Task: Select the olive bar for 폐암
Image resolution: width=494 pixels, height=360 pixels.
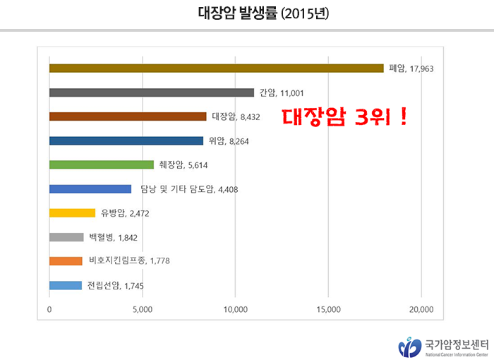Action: [216, 68]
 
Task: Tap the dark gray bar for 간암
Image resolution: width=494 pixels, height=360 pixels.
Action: [152, 92]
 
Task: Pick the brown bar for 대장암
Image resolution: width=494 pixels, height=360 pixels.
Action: [128, 116]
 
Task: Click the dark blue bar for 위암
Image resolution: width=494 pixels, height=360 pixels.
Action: [126, 140]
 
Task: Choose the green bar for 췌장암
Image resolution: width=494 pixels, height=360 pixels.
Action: [102, 165]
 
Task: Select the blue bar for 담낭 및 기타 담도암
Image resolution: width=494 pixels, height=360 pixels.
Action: [90, 189]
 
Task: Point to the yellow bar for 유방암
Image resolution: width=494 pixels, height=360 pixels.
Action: [72, 213]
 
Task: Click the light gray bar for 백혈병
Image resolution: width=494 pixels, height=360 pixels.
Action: [66, 237]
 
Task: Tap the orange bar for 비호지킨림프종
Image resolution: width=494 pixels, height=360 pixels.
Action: [66, 261]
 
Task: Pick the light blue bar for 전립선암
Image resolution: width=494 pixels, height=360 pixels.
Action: [66, 285]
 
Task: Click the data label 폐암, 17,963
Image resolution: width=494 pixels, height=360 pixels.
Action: [416, 68]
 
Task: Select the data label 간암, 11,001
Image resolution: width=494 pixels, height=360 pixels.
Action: [282, 92]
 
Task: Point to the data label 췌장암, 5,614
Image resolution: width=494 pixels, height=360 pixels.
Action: [183, 165]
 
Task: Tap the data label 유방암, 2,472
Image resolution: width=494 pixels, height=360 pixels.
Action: [125, 213]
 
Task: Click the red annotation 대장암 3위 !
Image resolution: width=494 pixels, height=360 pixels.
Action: [344, 116]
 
